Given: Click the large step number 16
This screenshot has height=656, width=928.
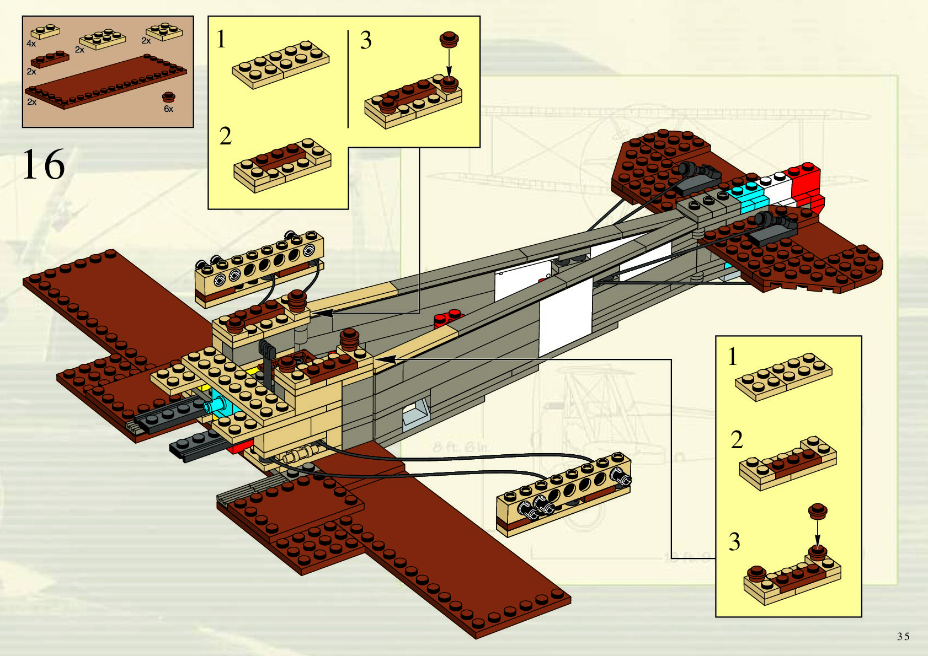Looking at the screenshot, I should point(43,164).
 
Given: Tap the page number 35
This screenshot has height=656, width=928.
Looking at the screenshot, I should point(903,636).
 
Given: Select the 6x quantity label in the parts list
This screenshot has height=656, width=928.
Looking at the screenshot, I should point(168,109).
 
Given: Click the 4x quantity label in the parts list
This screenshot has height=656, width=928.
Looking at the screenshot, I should point(31,43).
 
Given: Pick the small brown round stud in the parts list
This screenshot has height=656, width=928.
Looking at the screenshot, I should point(169,98).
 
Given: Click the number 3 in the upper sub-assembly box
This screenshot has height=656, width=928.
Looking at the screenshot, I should point(366,40).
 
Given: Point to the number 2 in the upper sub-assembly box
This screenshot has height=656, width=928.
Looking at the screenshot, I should point(225,136).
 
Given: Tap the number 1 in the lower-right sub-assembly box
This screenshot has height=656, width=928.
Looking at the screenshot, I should point(732,357).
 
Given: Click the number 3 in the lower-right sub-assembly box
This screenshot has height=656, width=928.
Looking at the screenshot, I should point(734,541).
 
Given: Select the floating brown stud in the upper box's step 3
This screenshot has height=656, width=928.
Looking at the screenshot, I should point(449,39).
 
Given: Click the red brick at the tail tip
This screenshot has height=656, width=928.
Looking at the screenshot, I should point(806,185).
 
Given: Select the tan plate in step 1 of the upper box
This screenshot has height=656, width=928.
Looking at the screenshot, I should point(280,64).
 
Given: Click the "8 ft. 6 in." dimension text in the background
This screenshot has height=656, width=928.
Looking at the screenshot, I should point(461,447).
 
